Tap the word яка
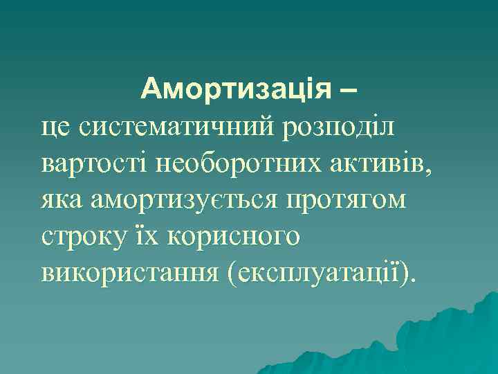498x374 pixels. coord(62,200)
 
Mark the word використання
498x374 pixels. coord(127,272)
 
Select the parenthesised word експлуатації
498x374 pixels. coord(317,272)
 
